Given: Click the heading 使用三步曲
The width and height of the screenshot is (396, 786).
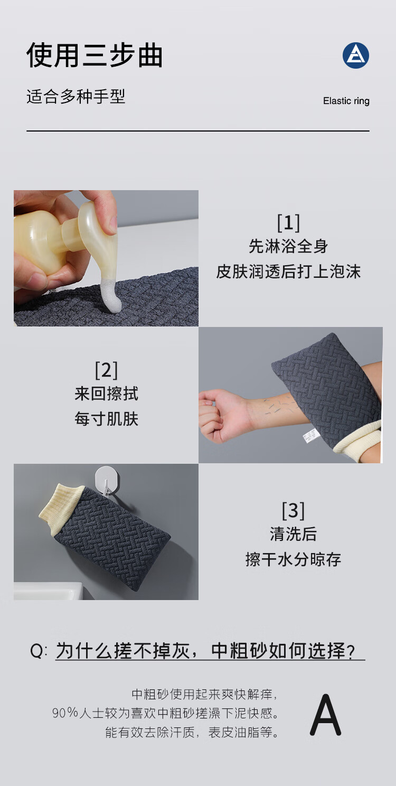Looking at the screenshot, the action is (95, 55).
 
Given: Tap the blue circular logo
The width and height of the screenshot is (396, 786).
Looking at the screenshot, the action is (356, 55).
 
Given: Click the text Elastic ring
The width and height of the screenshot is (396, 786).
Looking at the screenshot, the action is (346, 101).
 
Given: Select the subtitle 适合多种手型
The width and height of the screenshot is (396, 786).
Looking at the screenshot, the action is (76, 97).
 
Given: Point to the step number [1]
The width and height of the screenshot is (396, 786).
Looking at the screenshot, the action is (288, 222).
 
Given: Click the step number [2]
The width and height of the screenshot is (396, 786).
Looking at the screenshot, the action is (106, 370).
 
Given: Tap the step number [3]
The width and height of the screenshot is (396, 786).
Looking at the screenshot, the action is (293, 511).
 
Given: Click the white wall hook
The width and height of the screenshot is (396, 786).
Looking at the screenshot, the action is (107, 479).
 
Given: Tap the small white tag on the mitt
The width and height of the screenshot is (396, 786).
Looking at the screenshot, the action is (311, 435).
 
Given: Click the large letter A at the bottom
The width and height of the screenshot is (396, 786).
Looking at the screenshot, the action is (325, 714).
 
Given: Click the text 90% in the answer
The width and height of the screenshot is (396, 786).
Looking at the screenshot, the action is (65, 713).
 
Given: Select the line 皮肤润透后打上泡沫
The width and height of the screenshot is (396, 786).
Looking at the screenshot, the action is (288, 272).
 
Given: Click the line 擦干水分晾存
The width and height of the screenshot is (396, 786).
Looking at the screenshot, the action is (293, 559).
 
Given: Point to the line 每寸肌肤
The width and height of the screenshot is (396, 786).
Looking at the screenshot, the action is (106, 419).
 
